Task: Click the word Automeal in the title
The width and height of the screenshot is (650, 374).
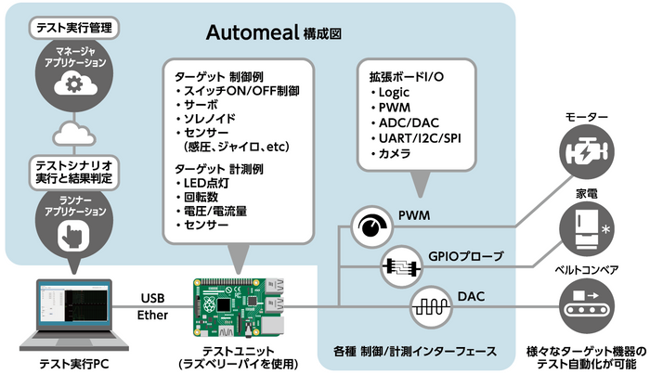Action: click(253, 32)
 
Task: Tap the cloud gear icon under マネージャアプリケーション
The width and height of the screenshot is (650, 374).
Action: click(75, 84)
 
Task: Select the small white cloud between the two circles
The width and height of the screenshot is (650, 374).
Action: click(74, 134)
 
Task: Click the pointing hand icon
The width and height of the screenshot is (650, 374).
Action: click(73, 235)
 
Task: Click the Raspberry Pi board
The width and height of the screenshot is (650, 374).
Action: click(239, 307)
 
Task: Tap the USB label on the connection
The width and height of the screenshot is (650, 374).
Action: click(152, 298)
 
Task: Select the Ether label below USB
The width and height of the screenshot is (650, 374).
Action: click(152, 316)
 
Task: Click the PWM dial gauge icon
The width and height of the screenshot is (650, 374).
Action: click(371, 226)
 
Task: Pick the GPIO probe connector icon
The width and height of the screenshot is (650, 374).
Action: click(401, 266)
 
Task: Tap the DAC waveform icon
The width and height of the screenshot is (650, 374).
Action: click(431, 307)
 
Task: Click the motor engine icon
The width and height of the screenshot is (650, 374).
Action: click(586, 150)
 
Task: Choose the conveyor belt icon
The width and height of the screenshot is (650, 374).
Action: click(586, 306)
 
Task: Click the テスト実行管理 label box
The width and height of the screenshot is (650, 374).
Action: click(74, 28)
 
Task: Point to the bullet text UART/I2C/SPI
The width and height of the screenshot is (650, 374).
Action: click(420, 138)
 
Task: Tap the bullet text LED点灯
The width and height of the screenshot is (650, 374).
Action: click(206, 183)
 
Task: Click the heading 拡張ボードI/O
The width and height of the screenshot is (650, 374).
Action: click(407, 77)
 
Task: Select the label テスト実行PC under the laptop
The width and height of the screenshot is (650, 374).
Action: click(73, 364)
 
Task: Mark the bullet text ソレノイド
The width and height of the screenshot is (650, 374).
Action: click(209, 119)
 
